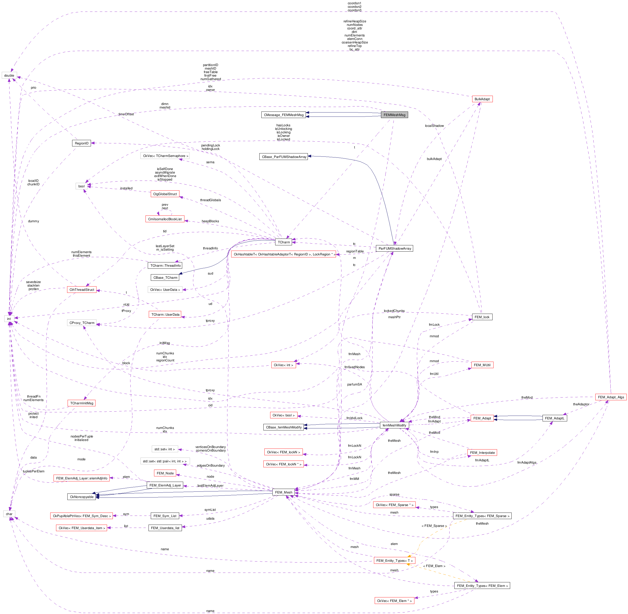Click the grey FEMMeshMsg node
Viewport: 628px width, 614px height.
[394, 115]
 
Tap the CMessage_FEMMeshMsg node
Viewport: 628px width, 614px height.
[283, 115]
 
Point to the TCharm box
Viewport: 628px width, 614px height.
[284, 242]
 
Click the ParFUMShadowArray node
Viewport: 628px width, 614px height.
[394, 248]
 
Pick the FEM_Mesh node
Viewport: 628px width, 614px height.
[283, 492]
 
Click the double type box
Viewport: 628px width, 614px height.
[9, 75]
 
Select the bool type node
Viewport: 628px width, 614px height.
[81, 186]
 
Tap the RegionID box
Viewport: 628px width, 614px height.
[81, 143]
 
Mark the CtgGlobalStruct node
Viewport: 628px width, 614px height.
[165, 194]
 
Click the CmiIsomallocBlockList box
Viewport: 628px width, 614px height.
[165, 219]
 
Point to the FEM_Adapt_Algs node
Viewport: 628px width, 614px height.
[611, 397]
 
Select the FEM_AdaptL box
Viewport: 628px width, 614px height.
[554, 418]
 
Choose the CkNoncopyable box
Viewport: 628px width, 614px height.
[81, 497]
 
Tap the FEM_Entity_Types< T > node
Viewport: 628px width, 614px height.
[394, 561]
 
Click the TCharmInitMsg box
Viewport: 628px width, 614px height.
[81, 403]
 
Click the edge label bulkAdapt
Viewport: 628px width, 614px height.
[434, 159]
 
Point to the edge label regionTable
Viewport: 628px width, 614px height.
[355, 251]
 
